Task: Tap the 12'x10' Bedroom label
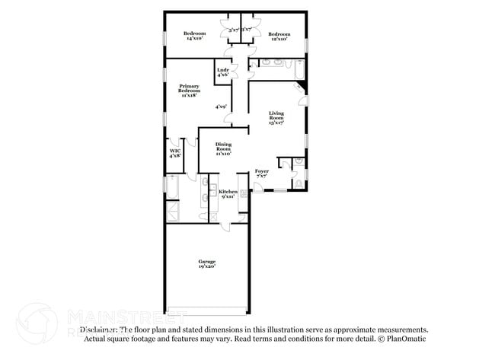click(x=279, y=37)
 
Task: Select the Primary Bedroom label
click(x=189, y=91)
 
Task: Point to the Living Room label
click(x=276, y=116)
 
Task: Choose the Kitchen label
click(x=228, y=193)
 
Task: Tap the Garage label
click(x=206, y=263)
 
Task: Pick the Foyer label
click(x=261, y=173)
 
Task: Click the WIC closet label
click(x=174, y=153)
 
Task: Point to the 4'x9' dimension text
click(x=221, y=107)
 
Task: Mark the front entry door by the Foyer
click(x=258, y=187)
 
